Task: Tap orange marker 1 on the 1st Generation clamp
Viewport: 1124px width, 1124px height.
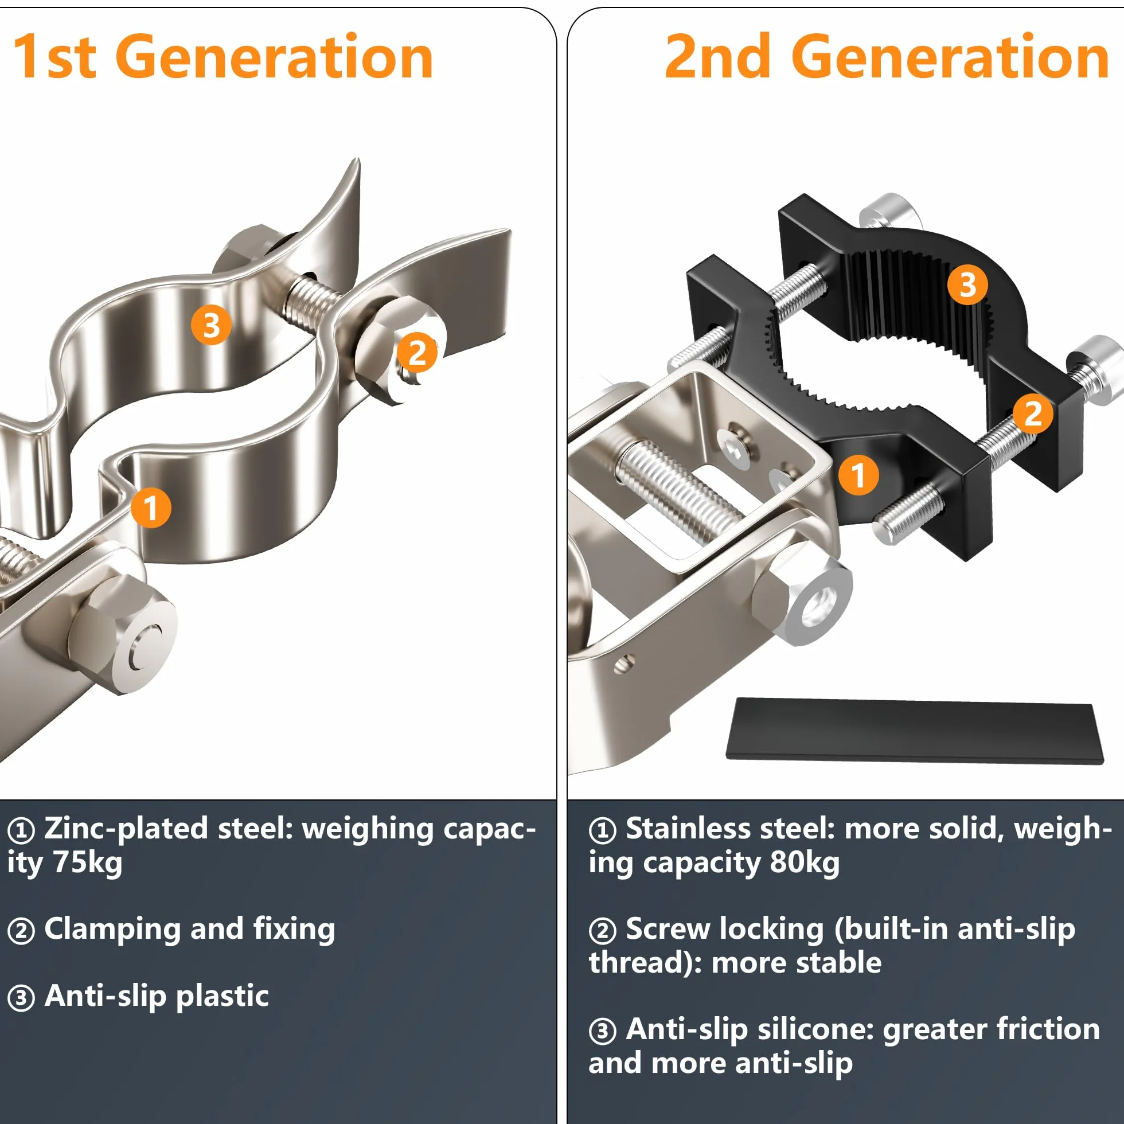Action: [x=151, y=508]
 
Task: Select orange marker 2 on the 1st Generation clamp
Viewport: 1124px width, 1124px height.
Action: [x=416, y=353]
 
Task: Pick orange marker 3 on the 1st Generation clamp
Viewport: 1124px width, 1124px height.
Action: [x=211, y=325]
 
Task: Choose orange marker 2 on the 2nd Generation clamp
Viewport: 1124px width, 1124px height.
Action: [x=1033, y=413]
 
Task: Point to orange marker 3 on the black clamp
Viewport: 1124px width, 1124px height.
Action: [x=967, y=285]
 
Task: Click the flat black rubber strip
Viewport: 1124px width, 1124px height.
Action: [x=915, y=731]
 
